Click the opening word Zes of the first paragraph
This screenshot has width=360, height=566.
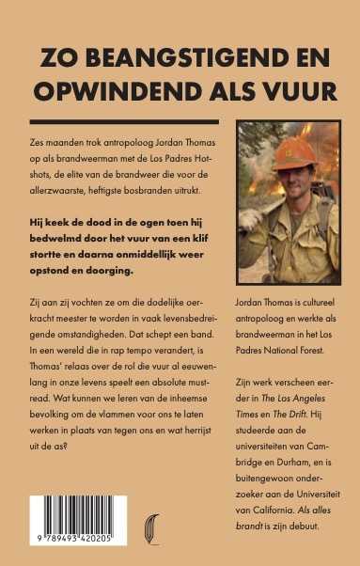(x=39, y=139)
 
